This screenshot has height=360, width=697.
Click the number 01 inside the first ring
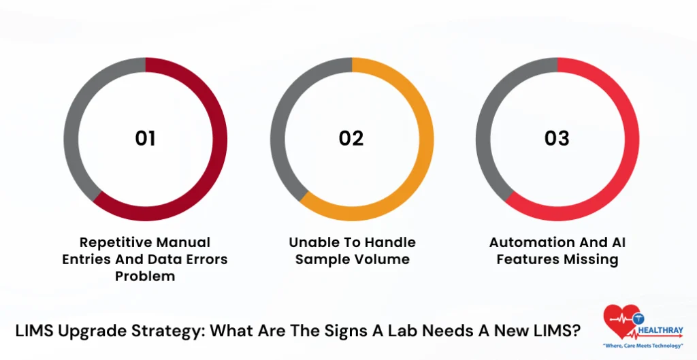click(x=145, y=138)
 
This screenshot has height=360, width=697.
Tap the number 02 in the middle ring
click(x=351, y=138)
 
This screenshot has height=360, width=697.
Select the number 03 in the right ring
click(x=557, y=138)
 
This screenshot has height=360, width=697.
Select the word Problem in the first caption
click(x=145, y=276)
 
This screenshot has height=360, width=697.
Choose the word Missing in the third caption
click(x=591, y=259)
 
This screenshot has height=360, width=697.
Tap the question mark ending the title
click(x=577, y=331)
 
